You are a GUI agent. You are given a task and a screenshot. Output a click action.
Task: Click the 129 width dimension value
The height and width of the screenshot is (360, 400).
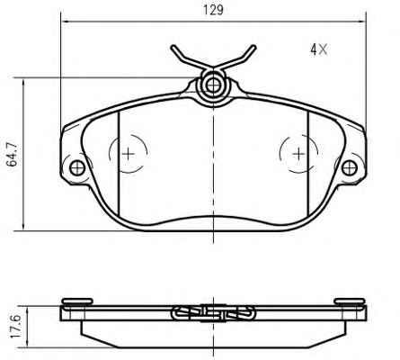[213, 10]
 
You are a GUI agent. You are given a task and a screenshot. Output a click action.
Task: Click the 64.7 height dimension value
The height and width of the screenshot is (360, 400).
[13, 154]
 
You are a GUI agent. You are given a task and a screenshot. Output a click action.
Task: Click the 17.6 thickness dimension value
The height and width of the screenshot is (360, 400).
[14, 327]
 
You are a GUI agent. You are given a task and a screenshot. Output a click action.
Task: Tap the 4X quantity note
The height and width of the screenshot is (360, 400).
[319, 49]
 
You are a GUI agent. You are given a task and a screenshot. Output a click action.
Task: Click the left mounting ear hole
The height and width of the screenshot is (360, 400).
[77, 167]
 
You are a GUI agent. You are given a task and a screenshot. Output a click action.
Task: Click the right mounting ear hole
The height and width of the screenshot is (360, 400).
[350, 168]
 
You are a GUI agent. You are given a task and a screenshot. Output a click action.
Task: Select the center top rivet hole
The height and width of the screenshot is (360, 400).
[213, 85]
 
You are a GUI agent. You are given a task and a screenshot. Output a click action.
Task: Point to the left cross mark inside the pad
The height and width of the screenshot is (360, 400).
[129, 154]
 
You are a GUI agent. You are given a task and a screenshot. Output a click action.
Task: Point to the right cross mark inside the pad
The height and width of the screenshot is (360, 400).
[298, 154]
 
